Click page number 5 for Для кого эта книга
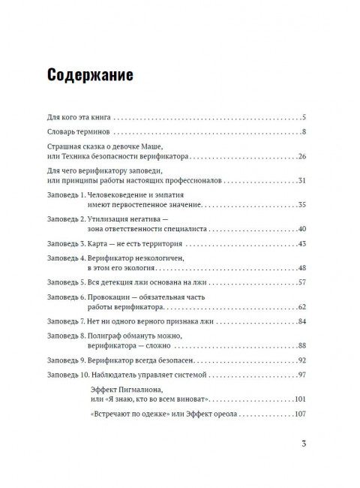pyautogui.click(x=304, y=118)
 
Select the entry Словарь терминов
pyautogui.click(x=75, y=133)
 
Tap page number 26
pyautogui.click(x=301, y=157)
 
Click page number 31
pyautogui.click(x=301, y=181)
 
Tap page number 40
pyautogui.click(x=301, y=228)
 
